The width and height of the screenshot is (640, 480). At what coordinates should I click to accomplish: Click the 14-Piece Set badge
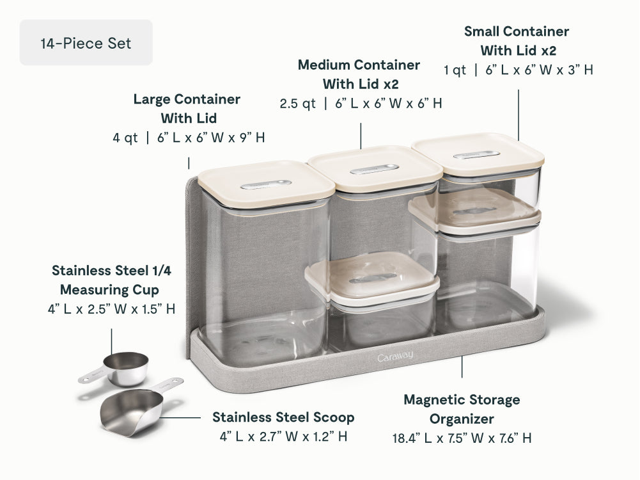(86, 42)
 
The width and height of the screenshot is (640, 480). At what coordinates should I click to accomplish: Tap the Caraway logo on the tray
(395, 356)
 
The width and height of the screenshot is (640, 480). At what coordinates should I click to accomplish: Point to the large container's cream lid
(267, 184)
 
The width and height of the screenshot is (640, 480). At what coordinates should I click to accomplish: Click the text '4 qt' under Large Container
(125, 138)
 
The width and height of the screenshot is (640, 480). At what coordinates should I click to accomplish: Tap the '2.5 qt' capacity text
(297, 103)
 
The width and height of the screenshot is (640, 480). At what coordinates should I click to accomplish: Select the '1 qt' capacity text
(455, 70)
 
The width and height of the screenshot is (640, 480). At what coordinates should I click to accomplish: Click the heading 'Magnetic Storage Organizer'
(462, 409)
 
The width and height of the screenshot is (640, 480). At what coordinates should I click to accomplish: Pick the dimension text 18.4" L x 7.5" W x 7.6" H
(462, 438)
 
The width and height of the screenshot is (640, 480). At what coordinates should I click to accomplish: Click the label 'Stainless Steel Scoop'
(283, 417)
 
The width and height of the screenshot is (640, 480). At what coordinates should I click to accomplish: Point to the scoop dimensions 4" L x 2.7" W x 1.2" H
(283, 436)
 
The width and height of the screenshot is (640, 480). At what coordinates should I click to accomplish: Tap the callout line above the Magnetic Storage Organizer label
(462, 367)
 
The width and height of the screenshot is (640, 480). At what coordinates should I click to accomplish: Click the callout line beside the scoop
(180, 417)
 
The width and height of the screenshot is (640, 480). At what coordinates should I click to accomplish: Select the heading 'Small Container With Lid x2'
(517, 41)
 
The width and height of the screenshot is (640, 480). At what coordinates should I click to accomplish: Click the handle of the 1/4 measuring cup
(92, 376)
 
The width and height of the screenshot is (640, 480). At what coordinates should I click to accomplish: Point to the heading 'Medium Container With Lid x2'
(359, 74)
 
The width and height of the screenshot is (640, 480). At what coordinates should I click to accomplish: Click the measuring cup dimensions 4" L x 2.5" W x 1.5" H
(111, 309)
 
